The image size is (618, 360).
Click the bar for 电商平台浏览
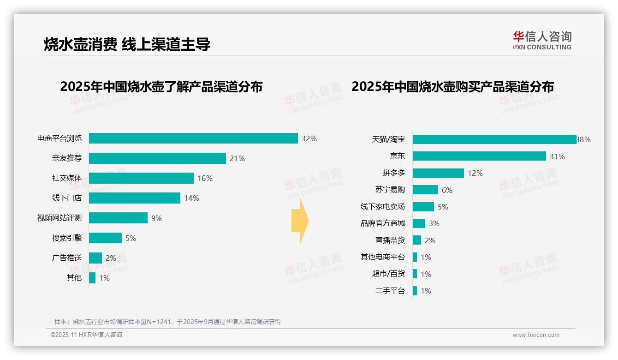tap(193, 138)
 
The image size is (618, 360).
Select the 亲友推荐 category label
tap(67, 158)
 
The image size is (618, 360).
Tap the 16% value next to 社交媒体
tap(205, 179)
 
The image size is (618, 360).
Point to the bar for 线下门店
tap(134, 198)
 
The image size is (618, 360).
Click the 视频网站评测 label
tap(59, 218)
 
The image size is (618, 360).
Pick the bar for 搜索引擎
tap(105, 238)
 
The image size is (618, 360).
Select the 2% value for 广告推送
tap(111, 258)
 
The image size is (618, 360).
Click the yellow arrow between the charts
tap(300, 221)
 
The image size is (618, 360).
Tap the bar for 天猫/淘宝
tap(494, 139)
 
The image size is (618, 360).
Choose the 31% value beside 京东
tap(557, 156)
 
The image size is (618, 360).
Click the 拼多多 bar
tap(438, 173)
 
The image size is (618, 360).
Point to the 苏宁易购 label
tap(390, 190)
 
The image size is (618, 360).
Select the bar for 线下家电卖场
tap(423, 207)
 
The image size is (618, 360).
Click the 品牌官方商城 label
tap(383, 223)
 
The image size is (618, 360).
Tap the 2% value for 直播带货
tap(430, 240)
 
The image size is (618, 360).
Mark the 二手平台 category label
tap(390, 291)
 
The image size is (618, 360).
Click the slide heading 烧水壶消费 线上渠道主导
tap(127, 44)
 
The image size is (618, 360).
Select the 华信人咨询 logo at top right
tap(542, 40)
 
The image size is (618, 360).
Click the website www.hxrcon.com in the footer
tap(536, 335)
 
